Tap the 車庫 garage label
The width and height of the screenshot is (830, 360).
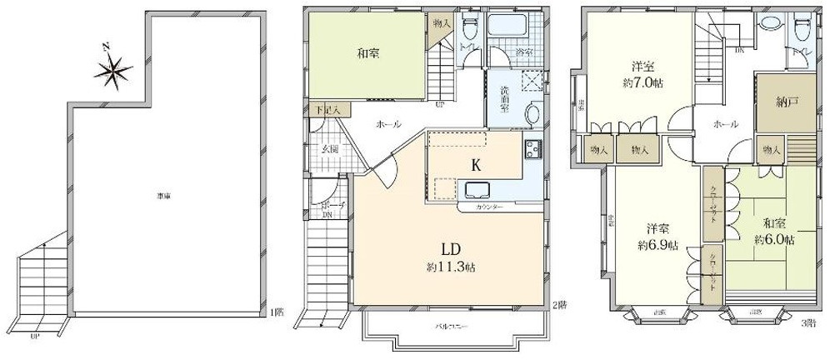(x=163, y=196)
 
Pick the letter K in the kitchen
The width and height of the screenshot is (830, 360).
(x=476, y=165)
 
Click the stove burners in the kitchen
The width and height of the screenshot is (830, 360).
(x=533, y=150)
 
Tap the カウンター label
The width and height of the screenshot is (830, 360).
(x=488, y=205)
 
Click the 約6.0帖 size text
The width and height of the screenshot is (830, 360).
(x=774, y=239)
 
